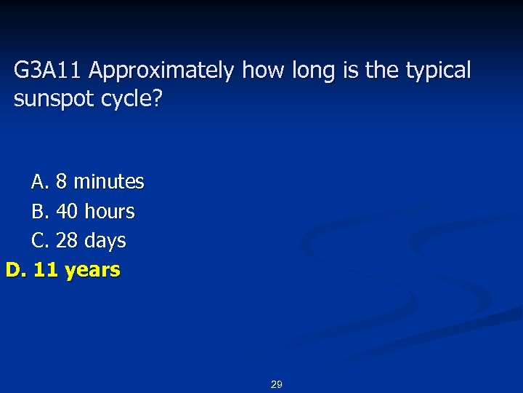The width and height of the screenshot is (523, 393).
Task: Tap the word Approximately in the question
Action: click(x=163, y=71)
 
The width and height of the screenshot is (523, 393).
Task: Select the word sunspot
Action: click(x=49, y=100)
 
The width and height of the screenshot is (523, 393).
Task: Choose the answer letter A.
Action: click(x=39, y=181)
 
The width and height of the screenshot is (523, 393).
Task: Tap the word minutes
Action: click(x=109, y=181)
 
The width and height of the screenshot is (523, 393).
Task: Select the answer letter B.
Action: click(x=39, y=212)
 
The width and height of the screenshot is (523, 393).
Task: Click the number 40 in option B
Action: click(x=67, y=212)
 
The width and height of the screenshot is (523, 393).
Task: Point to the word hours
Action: click(x=110, y=212)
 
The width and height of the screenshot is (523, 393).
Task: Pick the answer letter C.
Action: click(x=39, y=241)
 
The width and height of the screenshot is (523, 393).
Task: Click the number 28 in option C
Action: click(x=67, y=241)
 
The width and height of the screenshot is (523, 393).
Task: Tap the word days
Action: click(x=105, y=241)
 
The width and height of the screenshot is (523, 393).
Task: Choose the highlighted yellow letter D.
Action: click(x=15, y=270)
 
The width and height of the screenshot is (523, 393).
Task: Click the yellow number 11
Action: click(x=46, y=270)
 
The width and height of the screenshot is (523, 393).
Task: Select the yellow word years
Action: click(x=92, y=271)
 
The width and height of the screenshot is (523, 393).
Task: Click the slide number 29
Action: click(x=276, y=384)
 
